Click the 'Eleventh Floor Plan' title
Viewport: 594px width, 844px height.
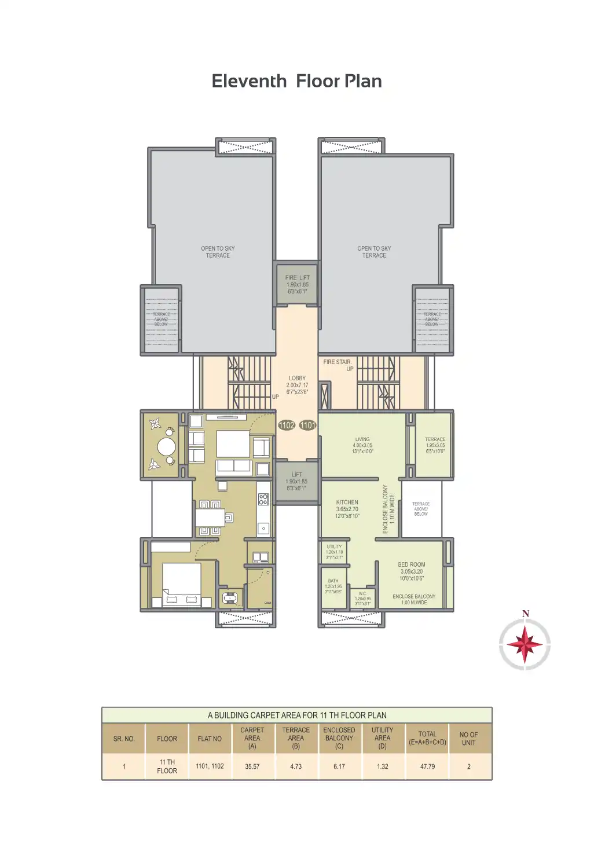pyautogui.click(x=296, y=81)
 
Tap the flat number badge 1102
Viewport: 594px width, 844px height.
pyautogui.click(x=287, y=425)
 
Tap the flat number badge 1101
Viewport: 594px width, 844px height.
pyautogui.click(x=308, y=425)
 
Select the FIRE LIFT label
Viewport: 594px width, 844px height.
pyautogui.click(x=298, y=278)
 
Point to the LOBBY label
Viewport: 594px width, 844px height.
pyautogui.click(x=297, y=379)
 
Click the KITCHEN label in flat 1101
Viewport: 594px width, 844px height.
pyautogui.click(x=347, y=502)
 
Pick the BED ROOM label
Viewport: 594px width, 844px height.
pyautogui.click(x=412, y=564)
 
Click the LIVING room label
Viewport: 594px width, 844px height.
pyautogui.click(x=362, y=439)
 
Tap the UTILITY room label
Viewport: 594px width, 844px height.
pyautogui.click(x=334, y=546)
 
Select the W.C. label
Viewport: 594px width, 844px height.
pyautogui.click(x=362, y=593)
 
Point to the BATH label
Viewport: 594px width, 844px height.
pyautogui.click(x=333, y=581)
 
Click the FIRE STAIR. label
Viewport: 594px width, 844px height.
pyautogui.click(x=337, y=362)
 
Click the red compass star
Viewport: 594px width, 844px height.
pyautogui.click(x=525, y=644)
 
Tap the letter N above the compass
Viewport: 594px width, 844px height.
pyautogui.click(x=526, y=614)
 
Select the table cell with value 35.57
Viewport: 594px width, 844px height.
pyautogui.click(x=252, y=766)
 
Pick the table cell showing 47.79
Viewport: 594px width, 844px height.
pyautogui.click(x=427, y=766)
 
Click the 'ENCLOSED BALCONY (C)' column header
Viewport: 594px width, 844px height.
pyautogui.click(x=339, y=738)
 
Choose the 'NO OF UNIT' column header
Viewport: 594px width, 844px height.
pyautogui.click(x=468, y=738)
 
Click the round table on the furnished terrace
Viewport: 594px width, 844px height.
pyautogui.click(x=166, y=446)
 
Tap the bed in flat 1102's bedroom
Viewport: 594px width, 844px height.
pyautogui.click(x=181, y=582)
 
